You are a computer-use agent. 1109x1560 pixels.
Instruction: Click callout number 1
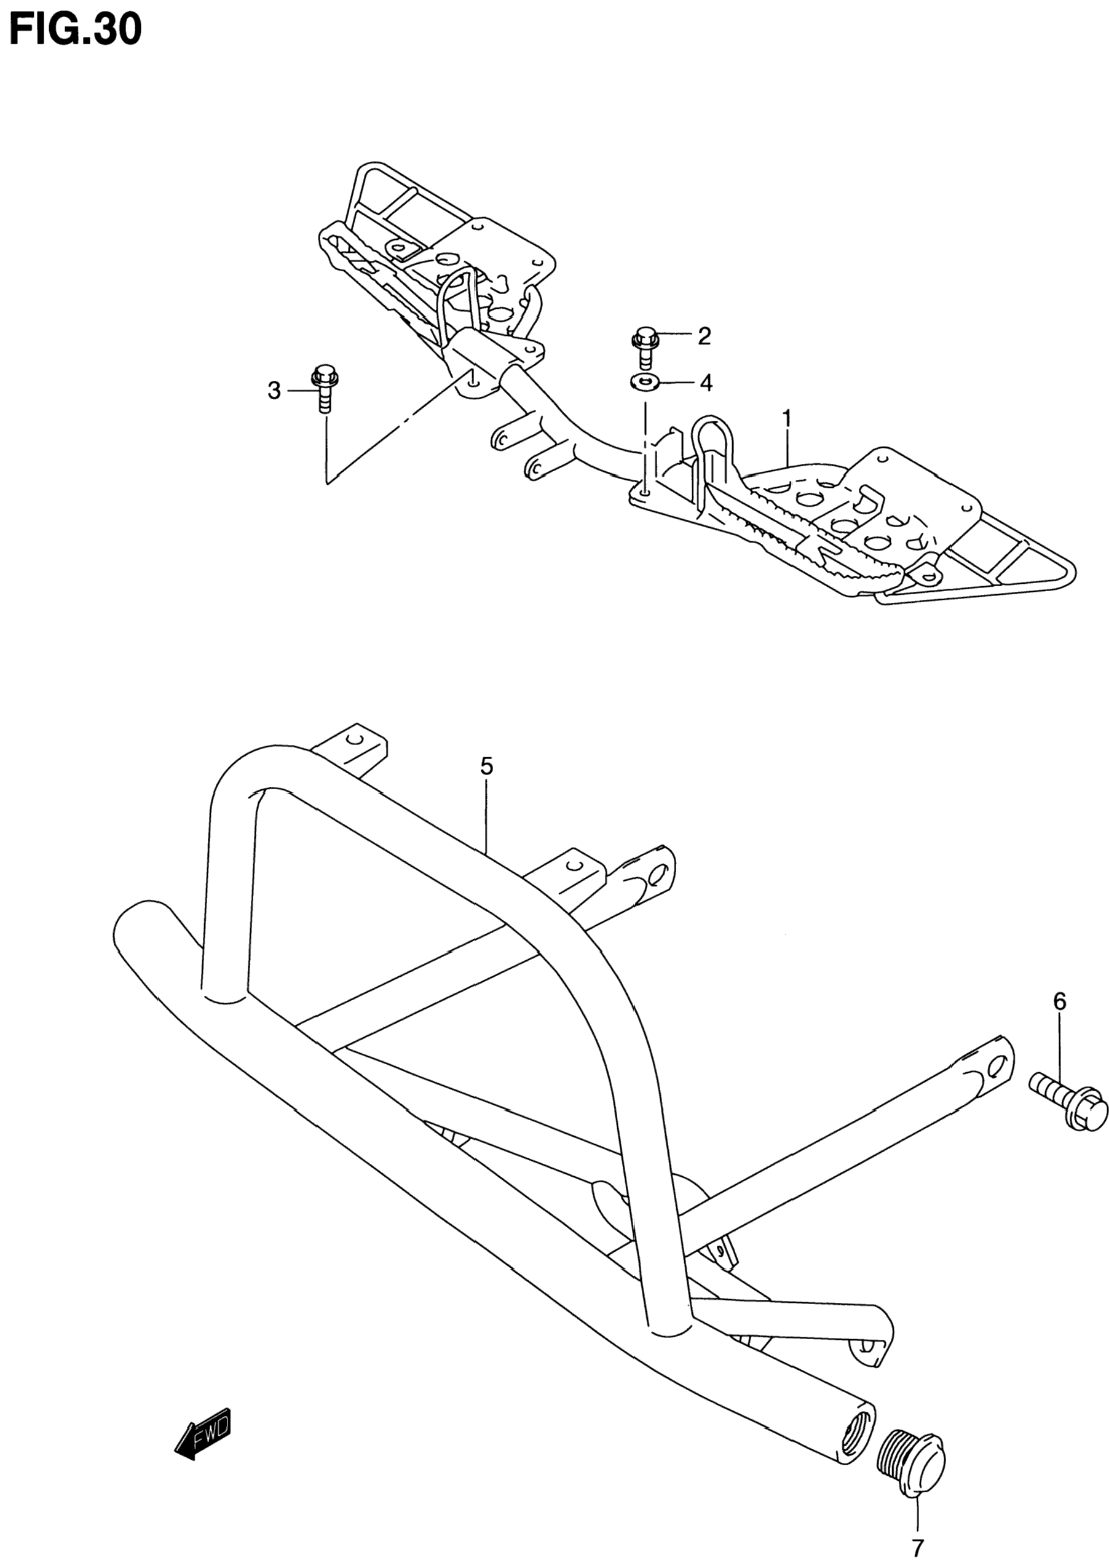pyautogui.click(x=787, y=417)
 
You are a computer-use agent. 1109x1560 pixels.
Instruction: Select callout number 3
pyautogui.click(x=274, y=391)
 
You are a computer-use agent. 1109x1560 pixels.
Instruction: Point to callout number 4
pyautogui.click(x=705, y=383)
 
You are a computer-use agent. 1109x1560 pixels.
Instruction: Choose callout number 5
pyautogui.click(x=486, y=766)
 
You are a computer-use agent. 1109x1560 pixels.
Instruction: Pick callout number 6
pyautogui.click(x=1059, y=1001)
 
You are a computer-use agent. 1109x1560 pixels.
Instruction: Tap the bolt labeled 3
pyautogui.click(x=325, y=388)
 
